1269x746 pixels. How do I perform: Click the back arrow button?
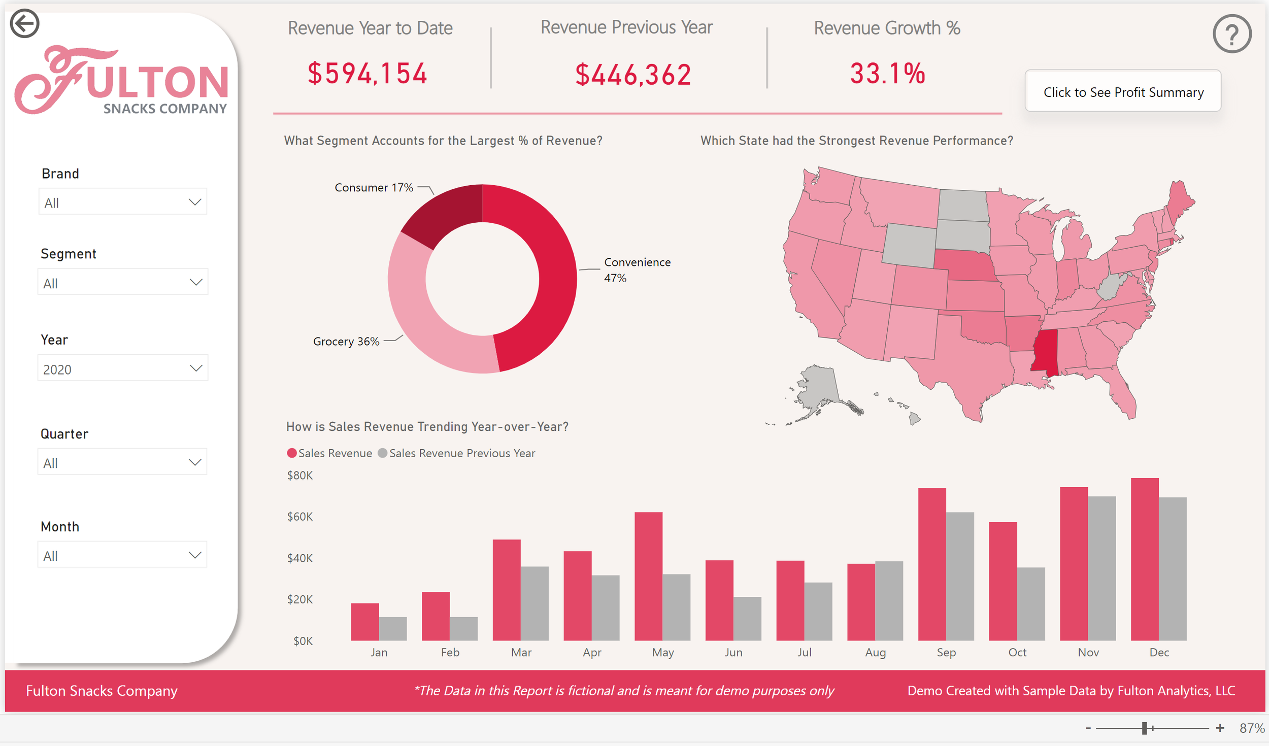[24, 23]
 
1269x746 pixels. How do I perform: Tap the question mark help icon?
[1231, 34]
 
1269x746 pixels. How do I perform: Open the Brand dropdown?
[122, 202]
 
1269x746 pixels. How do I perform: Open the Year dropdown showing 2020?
[122, 368]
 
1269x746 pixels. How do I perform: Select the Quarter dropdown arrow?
[195, 462]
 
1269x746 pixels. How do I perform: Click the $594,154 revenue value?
[368, 74]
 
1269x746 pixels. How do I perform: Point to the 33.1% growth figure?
[887, 74]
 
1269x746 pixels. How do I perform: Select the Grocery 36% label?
[346, 342]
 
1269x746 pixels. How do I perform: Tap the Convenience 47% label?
[637, 270]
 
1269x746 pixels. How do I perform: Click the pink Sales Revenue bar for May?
[648, 576]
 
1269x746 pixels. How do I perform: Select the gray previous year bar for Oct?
[1030, 604]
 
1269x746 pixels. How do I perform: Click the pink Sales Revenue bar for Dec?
[1144, 558]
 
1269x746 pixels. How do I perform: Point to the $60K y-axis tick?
[299, 517]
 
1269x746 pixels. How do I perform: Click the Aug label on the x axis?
[875, 652]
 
